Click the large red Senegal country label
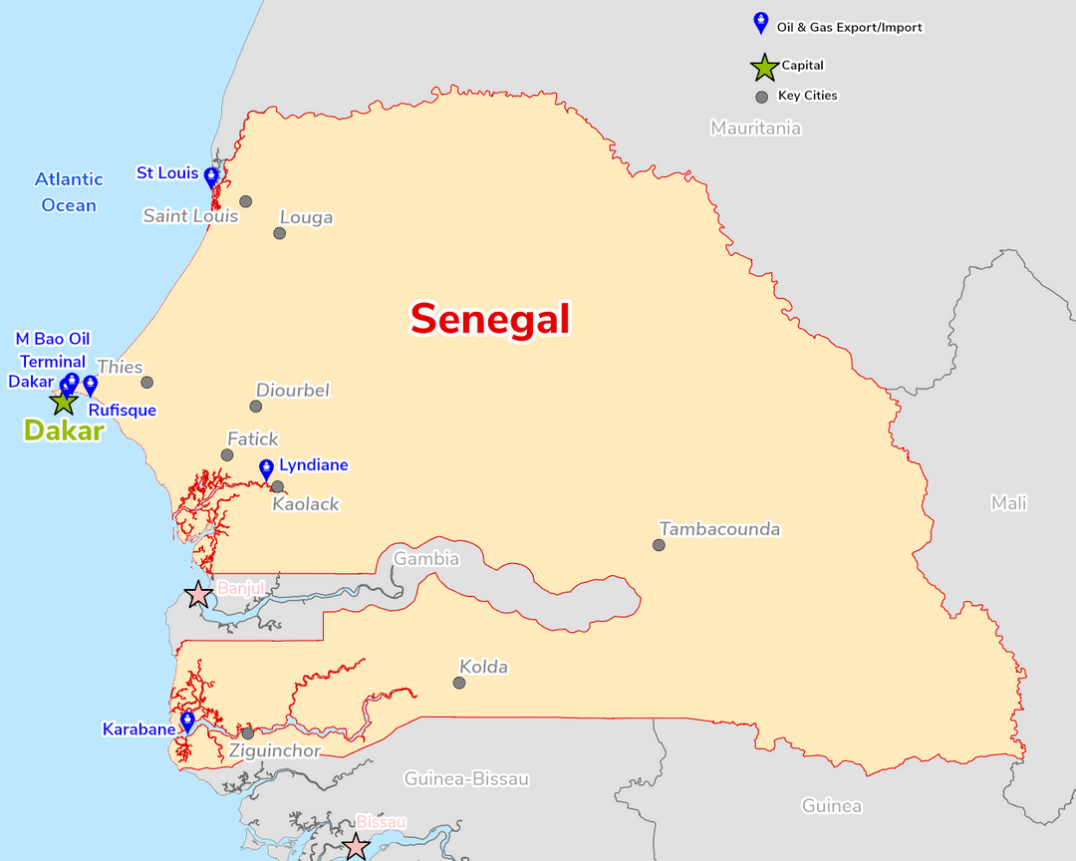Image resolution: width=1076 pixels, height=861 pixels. point(490,320)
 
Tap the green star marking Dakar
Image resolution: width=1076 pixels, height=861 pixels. point(64,402)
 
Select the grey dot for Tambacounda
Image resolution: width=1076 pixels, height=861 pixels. point(659,545)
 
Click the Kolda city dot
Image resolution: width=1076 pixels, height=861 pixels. point(459,683)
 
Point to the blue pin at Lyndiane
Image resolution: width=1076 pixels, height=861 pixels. point(266,468)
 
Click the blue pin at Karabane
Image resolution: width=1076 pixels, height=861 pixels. point(187,720)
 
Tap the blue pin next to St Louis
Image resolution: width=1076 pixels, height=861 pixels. point(211,177)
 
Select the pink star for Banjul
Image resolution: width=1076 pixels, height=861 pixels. point(198,595)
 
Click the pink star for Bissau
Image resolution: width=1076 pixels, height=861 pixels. point(356,847)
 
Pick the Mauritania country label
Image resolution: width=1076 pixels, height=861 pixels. point(755,128)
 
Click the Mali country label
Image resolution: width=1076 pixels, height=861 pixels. point(1008,503)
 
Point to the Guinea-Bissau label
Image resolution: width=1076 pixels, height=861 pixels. point(465,778)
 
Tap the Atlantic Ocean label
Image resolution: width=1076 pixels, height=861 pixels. point(69,192)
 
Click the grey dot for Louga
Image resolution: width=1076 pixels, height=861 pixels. point(280,233)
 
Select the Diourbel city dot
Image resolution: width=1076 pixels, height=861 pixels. point(256,406)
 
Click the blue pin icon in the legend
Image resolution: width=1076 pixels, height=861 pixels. point(761,23)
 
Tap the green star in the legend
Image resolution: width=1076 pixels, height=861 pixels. point(764,67)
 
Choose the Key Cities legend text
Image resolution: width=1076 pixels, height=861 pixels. point(807,96)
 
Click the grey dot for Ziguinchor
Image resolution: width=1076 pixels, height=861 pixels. point(248,732)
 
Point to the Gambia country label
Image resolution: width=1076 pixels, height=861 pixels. point(426,558)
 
